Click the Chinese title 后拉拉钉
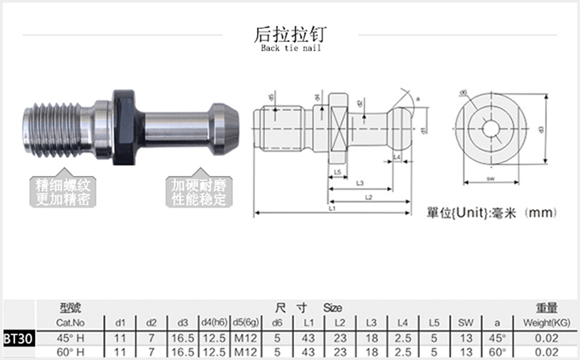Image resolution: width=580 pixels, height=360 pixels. tap(290, 34)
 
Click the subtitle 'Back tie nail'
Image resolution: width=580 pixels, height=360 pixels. tap(290, 48)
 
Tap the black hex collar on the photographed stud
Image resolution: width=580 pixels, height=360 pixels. tap(125, 127)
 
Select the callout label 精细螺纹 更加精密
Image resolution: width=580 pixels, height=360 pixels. tap(63, 192)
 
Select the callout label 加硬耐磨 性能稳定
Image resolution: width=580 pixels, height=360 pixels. tap(199, 192)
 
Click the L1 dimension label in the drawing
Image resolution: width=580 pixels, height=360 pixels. tap(332, 209)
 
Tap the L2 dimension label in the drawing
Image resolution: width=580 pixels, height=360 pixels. tap(368, 197)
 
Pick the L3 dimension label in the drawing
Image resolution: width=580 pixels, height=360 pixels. tap(360, 184)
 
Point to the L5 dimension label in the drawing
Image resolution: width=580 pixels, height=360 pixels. tap(337, 172)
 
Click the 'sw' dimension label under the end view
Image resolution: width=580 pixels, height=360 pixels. tap(491, 178)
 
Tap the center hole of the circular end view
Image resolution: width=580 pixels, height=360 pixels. tap(491, 128)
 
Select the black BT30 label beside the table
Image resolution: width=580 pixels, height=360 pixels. tap(19, 339)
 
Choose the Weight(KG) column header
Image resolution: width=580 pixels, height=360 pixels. tap(546, 323)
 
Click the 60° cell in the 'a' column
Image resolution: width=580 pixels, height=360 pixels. tap(497, 352)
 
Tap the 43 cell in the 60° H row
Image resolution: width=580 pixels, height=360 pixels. tap(308, 352)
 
